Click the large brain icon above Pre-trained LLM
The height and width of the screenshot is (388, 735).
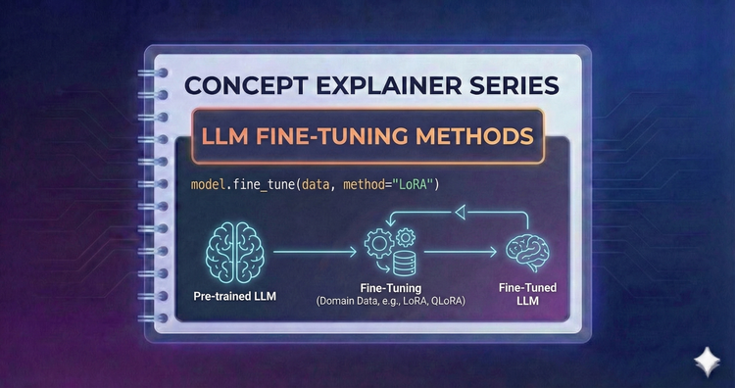pos(239,252)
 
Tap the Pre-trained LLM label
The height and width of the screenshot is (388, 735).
pos(239,294)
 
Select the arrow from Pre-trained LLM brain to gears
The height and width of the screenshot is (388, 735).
pos(314,253)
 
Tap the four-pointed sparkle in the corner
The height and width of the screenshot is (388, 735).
pos(705,361)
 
